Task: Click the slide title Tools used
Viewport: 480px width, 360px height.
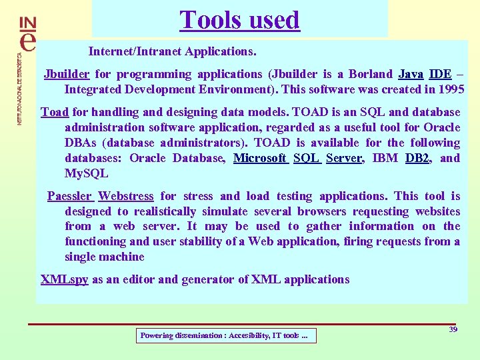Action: tap(239, 20)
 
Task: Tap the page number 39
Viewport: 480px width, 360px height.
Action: tap(453, 330)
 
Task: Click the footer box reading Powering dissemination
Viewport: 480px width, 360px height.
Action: tap(225, 336)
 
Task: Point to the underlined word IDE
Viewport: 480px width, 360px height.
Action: tap(440, 74)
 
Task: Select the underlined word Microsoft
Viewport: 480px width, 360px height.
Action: tap(260, 158)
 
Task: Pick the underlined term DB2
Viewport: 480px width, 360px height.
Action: tap(418, 158)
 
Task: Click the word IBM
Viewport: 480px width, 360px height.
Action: tap(385, 158)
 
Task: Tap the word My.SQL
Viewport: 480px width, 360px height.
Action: tap(85, 173)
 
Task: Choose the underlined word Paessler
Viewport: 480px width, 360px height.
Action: tap(69, 196)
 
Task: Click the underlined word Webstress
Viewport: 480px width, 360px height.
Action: tap(126, 196)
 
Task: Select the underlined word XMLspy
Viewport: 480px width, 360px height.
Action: tap(64, 279)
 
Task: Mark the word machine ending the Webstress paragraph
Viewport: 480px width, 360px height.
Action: tap(123, 257)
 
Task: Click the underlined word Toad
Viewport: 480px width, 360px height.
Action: tap(55, 112)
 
